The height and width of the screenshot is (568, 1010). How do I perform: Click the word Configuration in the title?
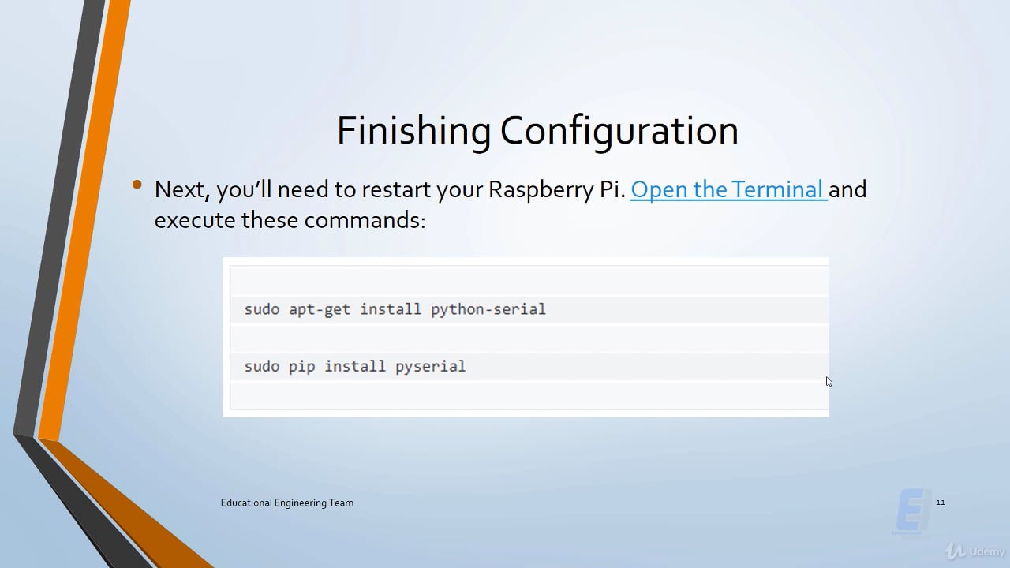[619, 131]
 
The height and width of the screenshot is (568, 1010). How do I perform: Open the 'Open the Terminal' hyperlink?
[728, 189]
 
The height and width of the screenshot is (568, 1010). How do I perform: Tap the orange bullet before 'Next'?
[137, 185]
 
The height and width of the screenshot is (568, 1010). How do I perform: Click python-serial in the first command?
[488, 309]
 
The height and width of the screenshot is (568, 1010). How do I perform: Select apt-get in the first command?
[320, 309]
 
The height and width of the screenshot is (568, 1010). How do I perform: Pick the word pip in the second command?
[301, 366]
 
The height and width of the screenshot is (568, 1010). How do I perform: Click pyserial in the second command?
[430, 367]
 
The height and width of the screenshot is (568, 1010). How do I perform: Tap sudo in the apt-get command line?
[262, 309]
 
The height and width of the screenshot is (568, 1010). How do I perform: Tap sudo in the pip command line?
[262, 366]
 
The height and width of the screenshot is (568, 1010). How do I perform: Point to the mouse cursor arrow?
[829, 382]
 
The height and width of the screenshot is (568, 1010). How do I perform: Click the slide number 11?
[940, 503]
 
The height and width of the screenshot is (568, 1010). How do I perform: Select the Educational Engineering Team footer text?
[287, 503]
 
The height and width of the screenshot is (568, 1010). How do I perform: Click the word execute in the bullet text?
[195, 220]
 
